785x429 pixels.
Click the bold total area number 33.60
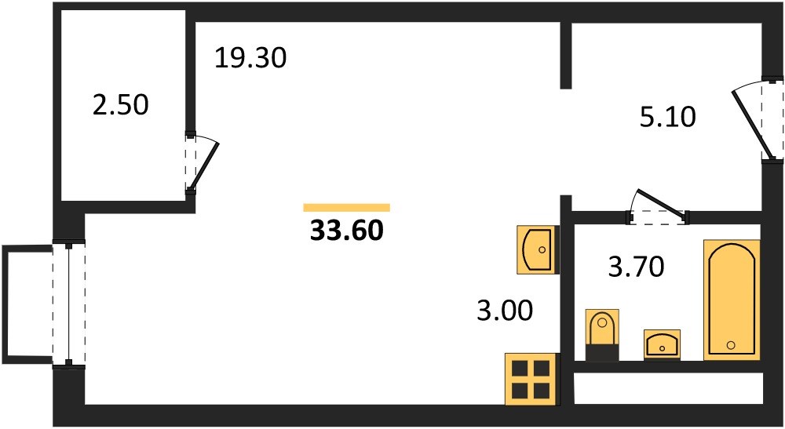click(x=346, y=231)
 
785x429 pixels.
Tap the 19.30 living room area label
click(x=250, y=57)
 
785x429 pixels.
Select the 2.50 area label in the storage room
click(x=121, y=105)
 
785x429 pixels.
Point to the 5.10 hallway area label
click(x=668, y=117)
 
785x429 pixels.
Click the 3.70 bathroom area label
click(x=636, y=266)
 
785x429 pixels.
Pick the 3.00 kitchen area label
click(x=505, y=311)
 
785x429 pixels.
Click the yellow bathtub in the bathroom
click(x=732, y=300)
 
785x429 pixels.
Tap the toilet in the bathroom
click(x=602, y=335)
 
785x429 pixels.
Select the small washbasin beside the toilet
click(x=662, y=344)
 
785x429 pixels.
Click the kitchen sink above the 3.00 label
click(x=538, y=249)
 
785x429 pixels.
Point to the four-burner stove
click(x=531, y=379)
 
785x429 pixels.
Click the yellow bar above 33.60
click(x=346, y=208)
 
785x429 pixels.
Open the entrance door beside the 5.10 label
click(x=757, y=121)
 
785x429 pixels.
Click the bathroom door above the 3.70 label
click(x=658, y=206)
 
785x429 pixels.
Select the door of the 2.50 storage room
click(x=201, y=163)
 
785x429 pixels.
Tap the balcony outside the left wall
click(x=27, y=304)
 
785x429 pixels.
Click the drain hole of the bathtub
click(x=731, y=344)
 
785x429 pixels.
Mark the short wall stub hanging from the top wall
click(x=565, y=55)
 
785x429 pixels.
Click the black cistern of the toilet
click(x=602, y=352)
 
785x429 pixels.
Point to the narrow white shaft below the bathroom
click(x=668, y=388)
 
